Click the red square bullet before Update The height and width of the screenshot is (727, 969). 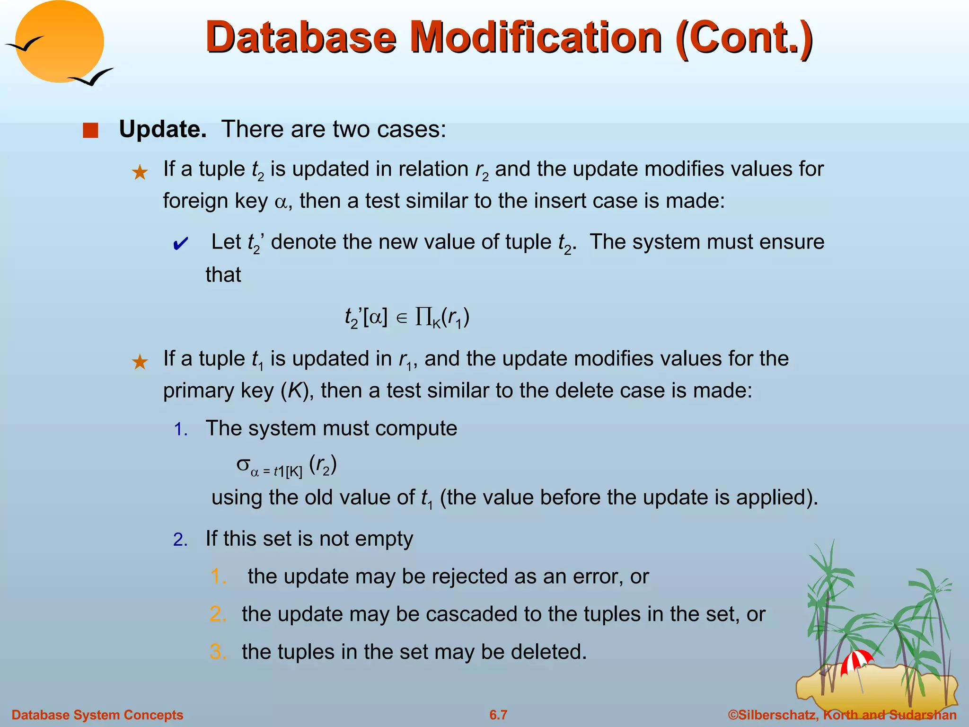90,130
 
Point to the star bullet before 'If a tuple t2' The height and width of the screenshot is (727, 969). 140,172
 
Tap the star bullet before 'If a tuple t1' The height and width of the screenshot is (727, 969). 140,362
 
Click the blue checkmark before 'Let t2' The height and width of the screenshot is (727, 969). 180,244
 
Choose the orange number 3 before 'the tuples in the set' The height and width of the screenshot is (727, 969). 218,652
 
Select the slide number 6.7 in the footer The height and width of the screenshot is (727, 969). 498,715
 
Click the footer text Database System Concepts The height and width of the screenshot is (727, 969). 97,715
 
